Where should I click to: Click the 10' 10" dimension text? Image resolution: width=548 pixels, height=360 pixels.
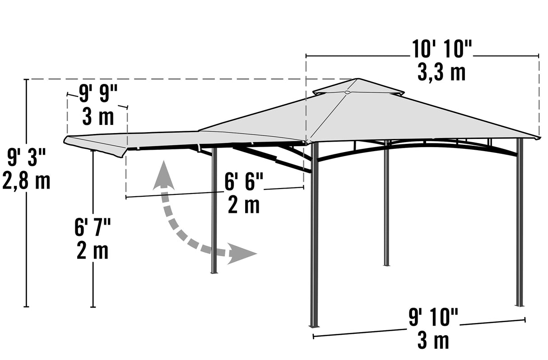pos(441,49)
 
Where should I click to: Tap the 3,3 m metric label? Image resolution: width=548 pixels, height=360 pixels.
pos(441,73)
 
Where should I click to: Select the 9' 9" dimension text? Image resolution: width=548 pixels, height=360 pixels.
pos(98,94)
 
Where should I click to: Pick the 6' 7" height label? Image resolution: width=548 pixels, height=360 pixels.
pos(93,227)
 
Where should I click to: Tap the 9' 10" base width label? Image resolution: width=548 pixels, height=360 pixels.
pos(433,317)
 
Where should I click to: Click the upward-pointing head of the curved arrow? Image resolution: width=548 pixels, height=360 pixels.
pos(163,176)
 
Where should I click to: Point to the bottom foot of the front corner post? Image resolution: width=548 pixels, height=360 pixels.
pos(314,325)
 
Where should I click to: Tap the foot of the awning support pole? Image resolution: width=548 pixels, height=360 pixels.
pos(214,272)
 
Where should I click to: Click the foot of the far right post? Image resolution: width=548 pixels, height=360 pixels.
pos(520,305)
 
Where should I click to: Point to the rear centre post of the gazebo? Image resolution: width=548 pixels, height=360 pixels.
pos(386,203)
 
